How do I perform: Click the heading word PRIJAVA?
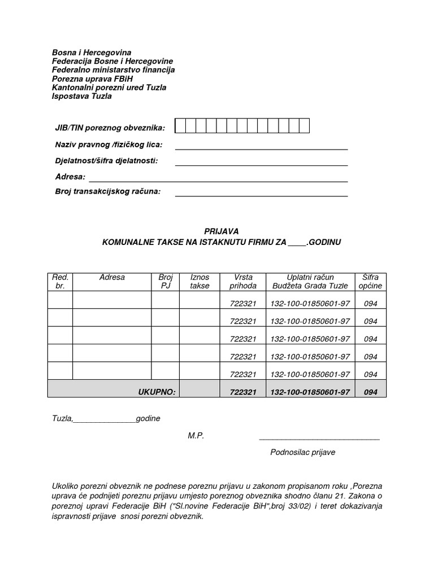pos(221,231)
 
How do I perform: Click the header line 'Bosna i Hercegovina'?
pos(92,52)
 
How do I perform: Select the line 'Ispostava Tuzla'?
pos(81,96)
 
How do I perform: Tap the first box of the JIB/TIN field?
pos(180,126)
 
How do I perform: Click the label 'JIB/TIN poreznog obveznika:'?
pos(110,128)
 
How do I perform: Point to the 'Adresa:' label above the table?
pos(70,177)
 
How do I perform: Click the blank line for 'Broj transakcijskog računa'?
pos(261,195)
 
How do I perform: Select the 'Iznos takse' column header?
pos(199,281)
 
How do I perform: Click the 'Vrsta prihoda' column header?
pos(243,281)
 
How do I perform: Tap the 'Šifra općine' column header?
pos(370,281)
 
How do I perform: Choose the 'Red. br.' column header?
pos(60,281)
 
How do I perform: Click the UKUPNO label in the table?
pos(157,391)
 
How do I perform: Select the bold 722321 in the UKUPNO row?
pos(243,391)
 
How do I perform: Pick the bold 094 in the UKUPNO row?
pos(370,391)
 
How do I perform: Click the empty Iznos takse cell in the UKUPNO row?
pos(199,389)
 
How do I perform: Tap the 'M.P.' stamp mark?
pos(196,436)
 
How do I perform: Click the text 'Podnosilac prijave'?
pos(302,452)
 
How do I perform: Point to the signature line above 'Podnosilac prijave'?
pos(319,439)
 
